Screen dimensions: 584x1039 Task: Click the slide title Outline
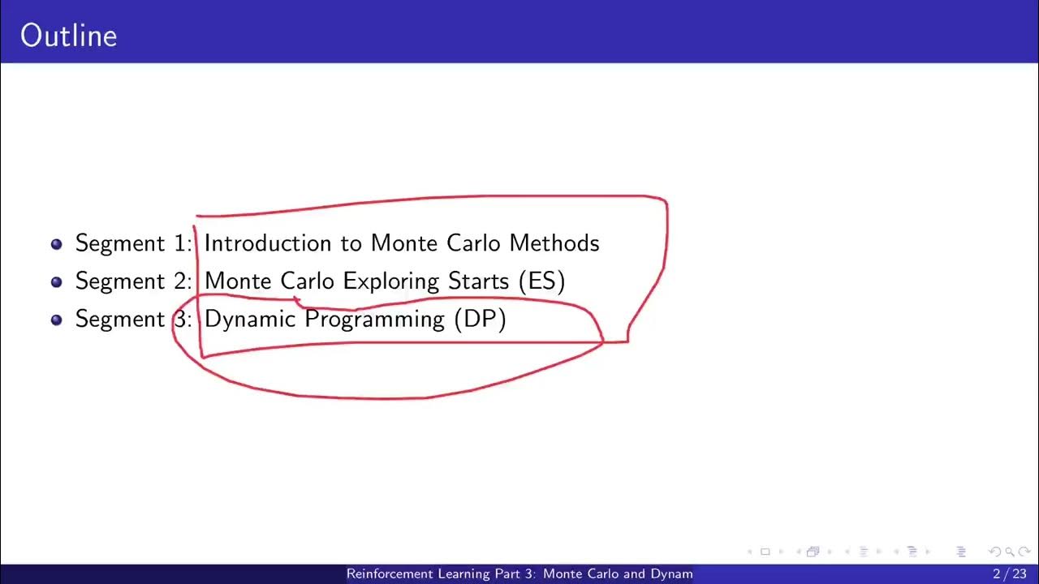(x=69, y=36)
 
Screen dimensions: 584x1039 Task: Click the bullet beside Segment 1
(x=56, y=243)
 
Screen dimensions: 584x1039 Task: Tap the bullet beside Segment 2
(x=56, y=281)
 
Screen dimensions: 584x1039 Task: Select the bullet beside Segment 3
(x=56, y=320)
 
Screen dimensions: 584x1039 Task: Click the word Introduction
(x=268, y=243)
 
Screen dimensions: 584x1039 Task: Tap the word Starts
(x=479, y=281)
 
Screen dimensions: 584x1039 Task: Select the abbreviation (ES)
(x=541, y=281)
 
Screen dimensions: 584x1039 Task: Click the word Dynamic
(x=250, y=320)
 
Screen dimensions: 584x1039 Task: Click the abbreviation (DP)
(x=481, y=320)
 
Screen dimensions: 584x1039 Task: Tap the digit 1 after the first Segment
(x=180, y=243)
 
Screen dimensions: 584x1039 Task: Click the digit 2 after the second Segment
(x=180, y=281)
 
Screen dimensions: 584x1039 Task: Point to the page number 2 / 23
(x=1009, y=574)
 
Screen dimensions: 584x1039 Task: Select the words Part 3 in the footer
(x=509, y=574)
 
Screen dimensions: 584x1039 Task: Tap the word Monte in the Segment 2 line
(x=239, y=281)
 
